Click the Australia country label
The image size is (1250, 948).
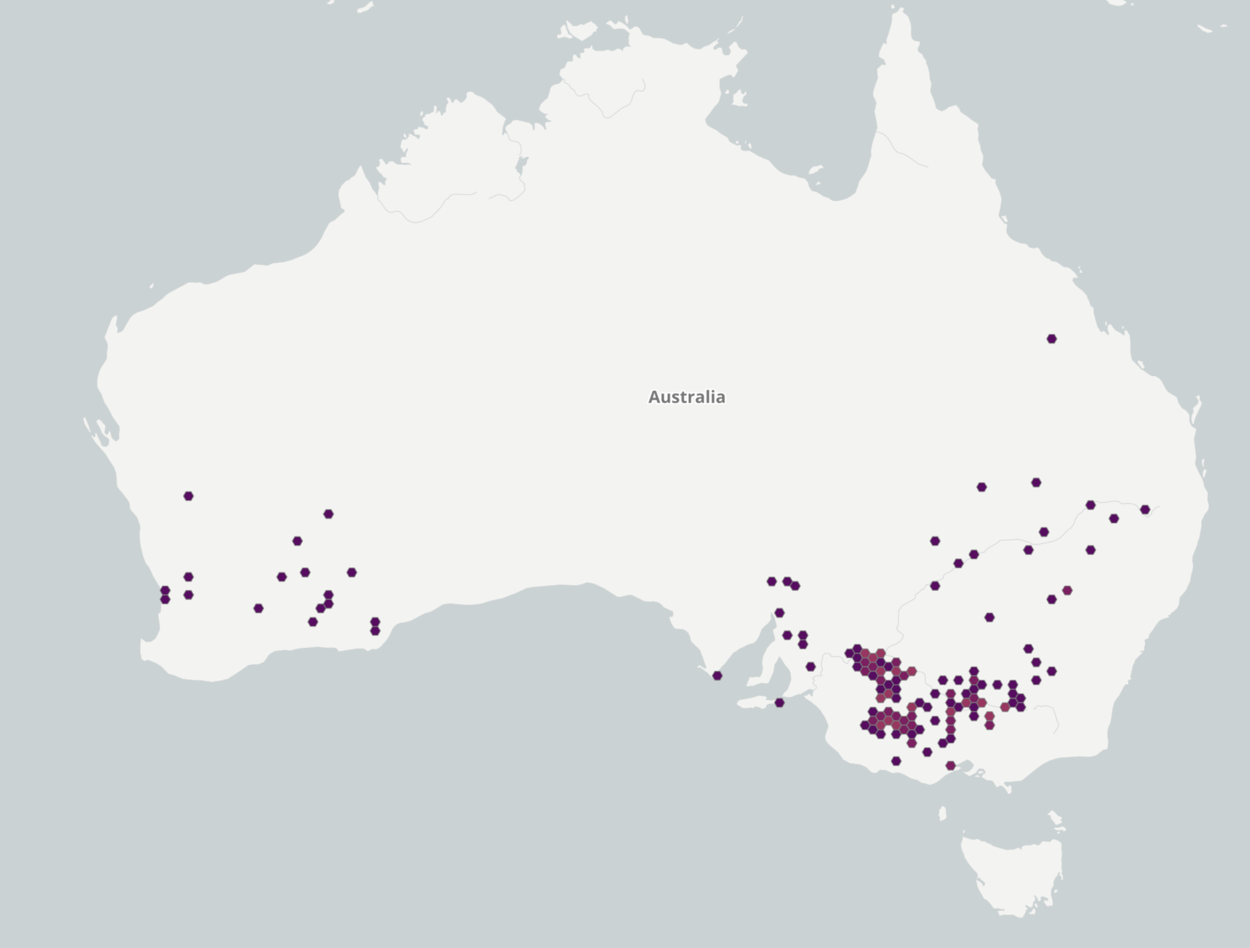pyautogui.click(x=687, y=397)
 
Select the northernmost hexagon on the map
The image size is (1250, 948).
pyautogui.click(x=1051, y=339)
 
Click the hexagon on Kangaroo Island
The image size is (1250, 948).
pyautogui.click(x=779, y=702)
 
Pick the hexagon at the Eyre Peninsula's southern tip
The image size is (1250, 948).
pyautogui.click(x=717, y=676)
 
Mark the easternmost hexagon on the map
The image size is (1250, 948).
pyautogui.click(x=1145, y=509)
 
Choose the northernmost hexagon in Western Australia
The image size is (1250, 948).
pyautogui.click(x=188, y=496)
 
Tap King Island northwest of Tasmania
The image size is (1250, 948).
pyautogui.click(x=942, y=813)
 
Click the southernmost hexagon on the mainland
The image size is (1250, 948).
pyautogui.click(x=950, y=766)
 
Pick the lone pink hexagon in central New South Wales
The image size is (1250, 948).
pyautogui.click(x=1067, y=590)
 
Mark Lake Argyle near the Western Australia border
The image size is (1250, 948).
pyautogui.click(x=521, y=164)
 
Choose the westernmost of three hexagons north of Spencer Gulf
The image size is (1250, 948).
pyautogui.click(x=771, y=581)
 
